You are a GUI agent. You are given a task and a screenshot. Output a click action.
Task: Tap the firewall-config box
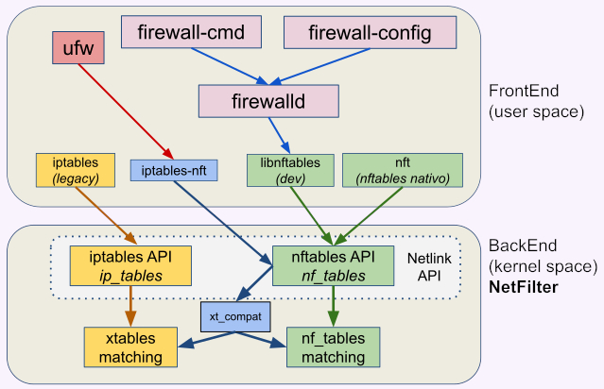tap(371, 34)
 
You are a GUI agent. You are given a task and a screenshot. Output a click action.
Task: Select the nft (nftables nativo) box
tap(403, 168)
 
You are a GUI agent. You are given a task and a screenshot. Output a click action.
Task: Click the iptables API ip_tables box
tap(131, 264)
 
